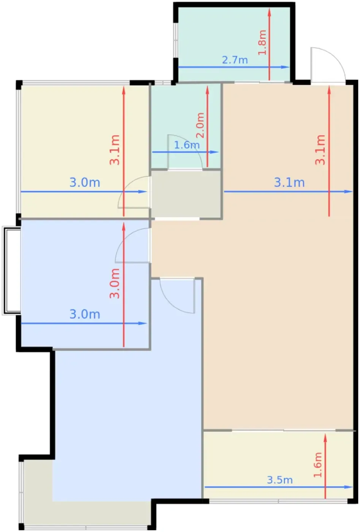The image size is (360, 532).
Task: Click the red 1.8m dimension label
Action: pos(262,42)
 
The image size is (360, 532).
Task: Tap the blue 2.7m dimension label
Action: pos(235,60)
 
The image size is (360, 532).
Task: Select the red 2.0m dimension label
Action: pos(200,125)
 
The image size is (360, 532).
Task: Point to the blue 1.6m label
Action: pos(187,145)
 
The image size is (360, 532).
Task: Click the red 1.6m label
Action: pos(317,465)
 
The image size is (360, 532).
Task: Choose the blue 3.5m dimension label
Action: pos(280,480)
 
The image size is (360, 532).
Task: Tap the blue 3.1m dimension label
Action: pos(289,182)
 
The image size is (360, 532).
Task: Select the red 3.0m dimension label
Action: pos(114,283)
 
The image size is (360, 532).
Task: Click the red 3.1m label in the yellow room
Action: pos(114,150)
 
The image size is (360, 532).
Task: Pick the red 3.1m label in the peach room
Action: pos(320,150)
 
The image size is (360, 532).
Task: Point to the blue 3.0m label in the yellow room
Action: pos(85,182)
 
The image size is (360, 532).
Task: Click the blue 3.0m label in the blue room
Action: pos(85,314)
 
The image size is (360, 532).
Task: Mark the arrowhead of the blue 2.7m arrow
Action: pos(285,67)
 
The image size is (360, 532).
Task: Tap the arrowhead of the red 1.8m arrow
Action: pos(269,12)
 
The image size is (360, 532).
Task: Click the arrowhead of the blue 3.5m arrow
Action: pos(348,487)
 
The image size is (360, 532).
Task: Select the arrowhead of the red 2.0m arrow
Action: pos(207,90)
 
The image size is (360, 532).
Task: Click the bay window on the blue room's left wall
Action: pos(11,271)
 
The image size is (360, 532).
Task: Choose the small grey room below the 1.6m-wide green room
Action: pos(186,194)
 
